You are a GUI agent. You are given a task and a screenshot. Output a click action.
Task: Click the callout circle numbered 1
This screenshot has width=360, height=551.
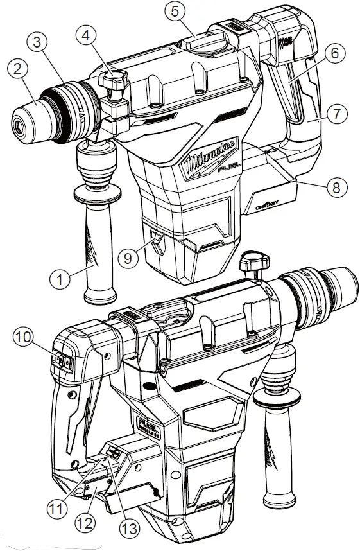point(62,279)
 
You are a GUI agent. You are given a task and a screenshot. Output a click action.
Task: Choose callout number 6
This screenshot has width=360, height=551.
point(334,55)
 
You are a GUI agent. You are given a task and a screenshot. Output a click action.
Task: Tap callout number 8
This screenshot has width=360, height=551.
point(336,188)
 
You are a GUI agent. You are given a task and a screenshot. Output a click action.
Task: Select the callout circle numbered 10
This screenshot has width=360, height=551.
point(25,336)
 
